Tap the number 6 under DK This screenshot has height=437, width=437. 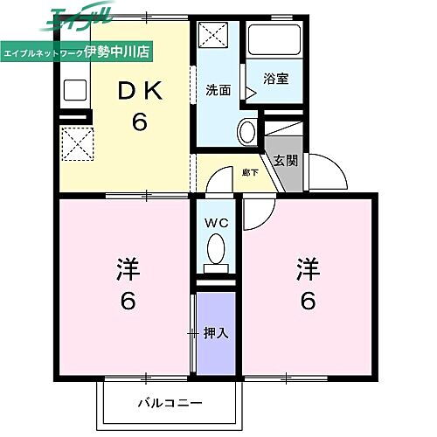click(139, 121)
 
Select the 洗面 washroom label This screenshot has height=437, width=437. click(218, 89)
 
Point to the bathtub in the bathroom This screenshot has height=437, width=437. click(274, 40)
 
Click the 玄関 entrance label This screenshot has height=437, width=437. click(285, 160)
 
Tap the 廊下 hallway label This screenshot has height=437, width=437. click(250, 173)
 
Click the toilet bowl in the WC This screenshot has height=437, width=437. click(215, 251)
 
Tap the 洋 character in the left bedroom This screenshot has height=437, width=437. click(126, 268)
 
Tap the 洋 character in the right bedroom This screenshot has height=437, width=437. click(308, 268)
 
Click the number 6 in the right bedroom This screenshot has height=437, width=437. click(308, 302)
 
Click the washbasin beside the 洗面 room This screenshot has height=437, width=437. click(247, 132)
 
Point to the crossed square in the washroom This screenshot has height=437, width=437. click(212, 37)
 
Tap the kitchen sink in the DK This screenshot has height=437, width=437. click(73, 91)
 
